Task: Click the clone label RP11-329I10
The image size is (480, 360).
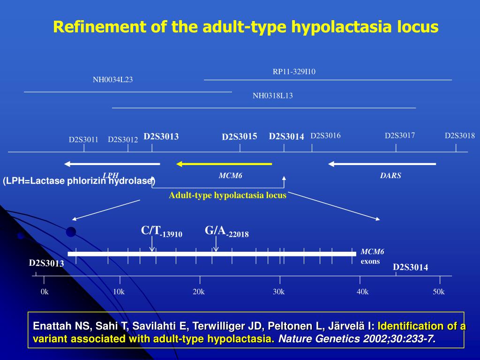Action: (x=294, y=72)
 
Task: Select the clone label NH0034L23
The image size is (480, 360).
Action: (x=112, y=80)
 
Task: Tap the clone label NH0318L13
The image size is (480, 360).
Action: (x=272, y=96)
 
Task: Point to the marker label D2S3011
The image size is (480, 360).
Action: (x=83, y=140)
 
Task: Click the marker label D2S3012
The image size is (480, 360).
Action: (x=123, y=140)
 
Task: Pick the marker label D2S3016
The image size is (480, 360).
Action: (x=325, y=136)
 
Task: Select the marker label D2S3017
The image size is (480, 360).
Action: (x=400, y=136)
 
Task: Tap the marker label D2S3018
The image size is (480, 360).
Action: (x=460, y=136)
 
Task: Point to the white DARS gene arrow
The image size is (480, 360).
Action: (x=382, y=164)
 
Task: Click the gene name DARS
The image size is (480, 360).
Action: (x=390, y=176)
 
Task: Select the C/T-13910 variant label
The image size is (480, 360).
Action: (x=161, y=232)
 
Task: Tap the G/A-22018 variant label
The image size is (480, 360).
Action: (x=226, y=232)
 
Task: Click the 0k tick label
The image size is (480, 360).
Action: (x=45, y=292)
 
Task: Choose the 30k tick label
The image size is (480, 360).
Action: (x=279, y=292)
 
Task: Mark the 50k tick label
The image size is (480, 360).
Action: (x=439, y=292)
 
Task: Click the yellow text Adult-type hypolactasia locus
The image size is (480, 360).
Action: (x=227, y=195)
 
